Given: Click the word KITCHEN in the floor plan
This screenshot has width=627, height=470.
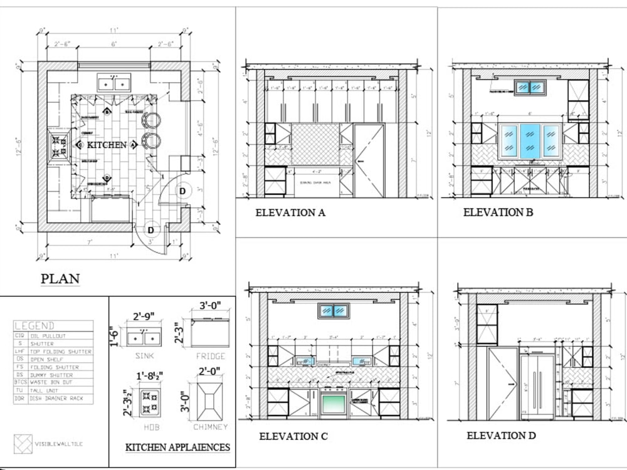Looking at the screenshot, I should [x=107, y=145].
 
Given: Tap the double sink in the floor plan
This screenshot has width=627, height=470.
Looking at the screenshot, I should [x=113, y=82].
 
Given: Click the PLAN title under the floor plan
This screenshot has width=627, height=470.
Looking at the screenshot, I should [x=60, y=279].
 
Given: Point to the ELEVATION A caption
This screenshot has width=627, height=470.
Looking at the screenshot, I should [x=290, y=212].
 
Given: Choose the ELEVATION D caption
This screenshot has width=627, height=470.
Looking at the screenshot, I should [x=501, y=436].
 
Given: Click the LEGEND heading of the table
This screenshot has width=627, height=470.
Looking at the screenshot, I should [x=34, y=326].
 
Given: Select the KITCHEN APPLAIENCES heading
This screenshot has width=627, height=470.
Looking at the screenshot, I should [x=177, y=447].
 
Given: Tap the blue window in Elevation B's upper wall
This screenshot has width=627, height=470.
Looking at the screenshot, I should [x=530, y=88].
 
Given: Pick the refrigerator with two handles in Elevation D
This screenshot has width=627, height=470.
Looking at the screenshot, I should [x=537, y=387].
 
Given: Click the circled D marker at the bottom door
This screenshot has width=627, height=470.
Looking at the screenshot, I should [x=151, y=231].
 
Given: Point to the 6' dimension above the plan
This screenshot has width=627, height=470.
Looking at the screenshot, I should [x=113, y=44].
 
